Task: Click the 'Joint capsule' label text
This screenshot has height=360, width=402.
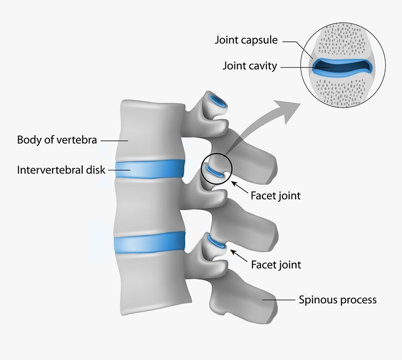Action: point(246,40)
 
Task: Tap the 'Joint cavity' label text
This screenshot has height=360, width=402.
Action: point(250,66)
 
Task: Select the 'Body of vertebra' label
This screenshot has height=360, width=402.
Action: point(57,139)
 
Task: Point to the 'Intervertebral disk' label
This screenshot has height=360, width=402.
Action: point(61,170)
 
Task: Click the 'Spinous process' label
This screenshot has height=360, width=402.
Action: point(338,300)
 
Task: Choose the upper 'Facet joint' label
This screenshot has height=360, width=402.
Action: point(276,196)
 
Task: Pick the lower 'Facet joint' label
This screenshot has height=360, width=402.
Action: point(276,264)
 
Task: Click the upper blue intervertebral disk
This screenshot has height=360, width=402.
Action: point(150,169)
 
